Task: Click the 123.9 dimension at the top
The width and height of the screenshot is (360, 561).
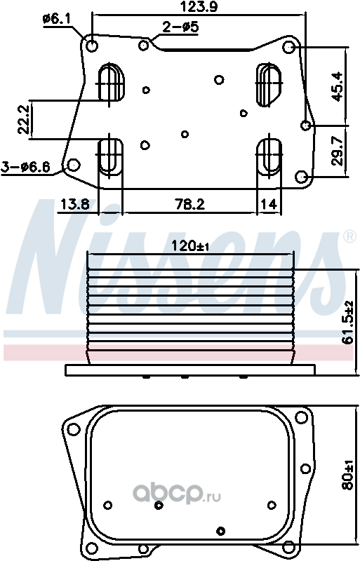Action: tap(199, 6)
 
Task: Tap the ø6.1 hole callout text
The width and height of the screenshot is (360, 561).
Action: tap(56, 19)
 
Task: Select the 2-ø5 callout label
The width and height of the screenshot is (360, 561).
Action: tap(180, 27)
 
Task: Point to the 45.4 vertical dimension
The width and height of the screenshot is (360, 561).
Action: tap(337, 86)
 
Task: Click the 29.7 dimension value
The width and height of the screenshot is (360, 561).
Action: tap(337, 151)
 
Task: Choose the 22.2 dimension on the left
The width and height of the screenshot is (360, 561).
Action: tap(24, 120)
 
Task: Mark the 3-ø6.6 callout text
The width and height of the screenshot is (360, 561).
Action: tap(26, 167)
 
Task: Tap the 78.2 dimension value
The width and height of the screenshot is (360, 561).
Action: tap(189, 204)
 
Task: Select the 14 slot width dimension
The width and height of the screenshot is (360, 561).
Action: tap(269, 204)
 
